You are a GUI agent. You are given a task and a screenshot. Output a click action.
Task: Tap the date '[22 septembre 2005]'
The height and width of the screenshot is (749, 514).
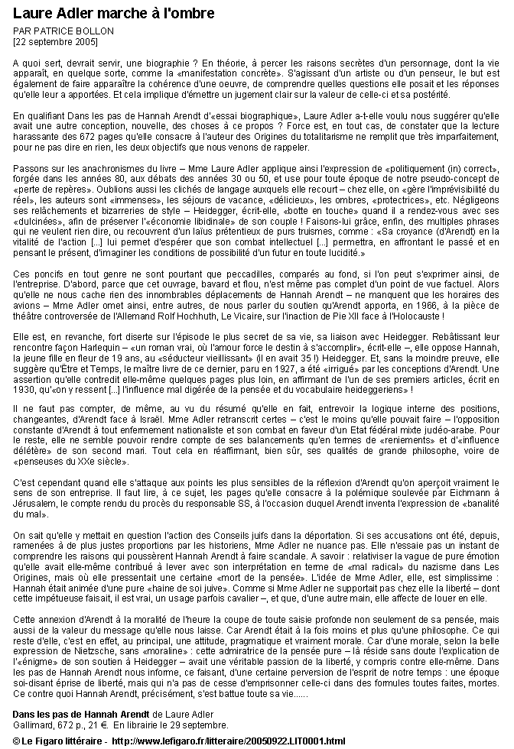pyautogui.click(x=55, y=41)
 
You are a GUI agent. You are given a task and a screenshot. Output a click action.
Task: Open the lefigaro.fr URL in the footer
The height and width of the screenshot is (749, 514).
pyautogui.click(x=228, y=741)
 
